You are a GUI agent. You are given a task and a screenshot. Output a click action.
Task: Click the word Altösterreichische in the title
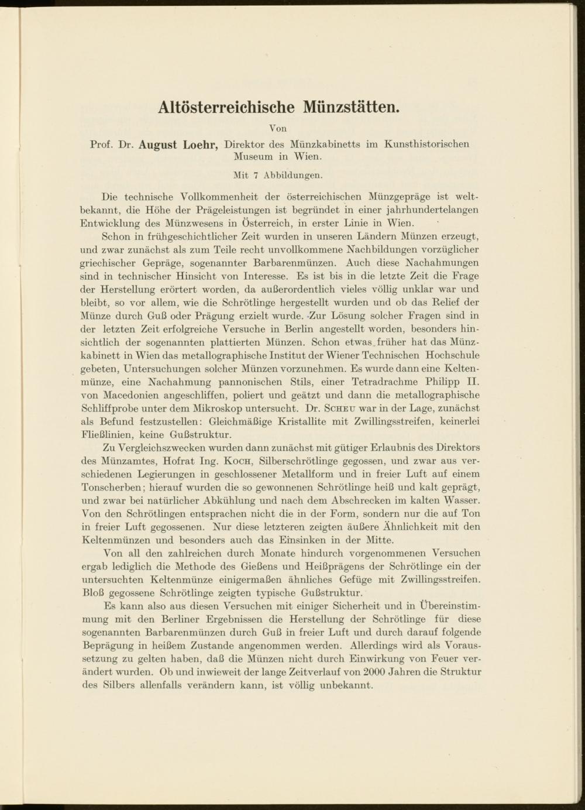228,108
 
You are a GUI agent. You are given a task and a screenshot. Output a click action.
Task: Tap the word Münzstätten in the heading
351,108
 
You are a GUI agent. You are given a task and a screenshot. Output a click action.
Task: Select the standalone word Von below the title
278,128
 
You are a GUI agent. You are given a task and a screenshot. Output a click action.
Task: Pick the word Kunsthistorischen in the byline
426,144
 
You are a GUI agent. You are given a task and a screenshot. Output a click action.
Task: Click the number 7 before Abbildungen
256,174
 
